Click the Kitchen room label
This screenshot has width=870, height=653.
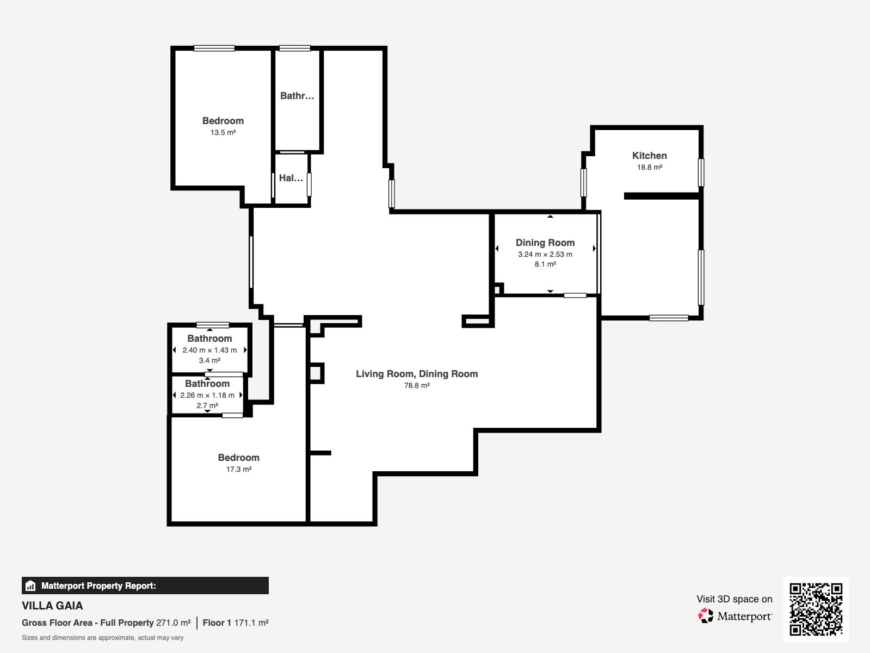[x=649, y=156]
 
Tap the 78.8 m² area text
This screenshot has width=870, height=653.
[x=417, y=385]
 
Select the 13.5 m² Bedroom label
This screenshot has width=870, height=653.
[x=223, y=121]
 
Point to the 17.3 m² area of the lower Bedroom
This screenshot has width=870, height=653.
[x=239, y=469]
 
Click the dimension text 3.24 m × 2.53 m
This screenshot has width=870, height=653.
[x=545, y=254]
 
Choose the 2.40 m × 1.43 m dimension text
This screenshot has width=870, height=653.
[x=209, y=350]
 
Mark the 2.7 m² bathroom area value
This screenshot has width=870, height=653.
[x=207, y=405]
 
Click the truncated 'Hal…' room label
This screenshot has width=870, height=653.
[x=291, y=178]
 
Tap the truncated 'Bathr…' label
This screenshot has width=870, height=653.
[x=297, y=96]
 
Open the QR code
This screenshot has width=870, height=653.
[x=816, y=609]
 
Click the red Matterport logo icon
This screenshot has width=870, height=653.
[x=706, y=616]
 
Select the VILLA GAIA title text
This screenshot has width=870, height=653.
[x=52, y=606]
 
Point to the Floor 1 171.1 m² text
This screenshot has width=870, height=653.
[x=236, y=623]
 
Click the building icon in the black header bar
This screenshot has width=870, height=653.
[x=30, y=586]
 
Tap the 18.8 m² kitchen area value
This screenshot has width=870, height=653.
[x=649, y=167]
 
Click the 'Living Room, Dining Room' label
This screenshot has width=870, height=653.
[x=417, y=374]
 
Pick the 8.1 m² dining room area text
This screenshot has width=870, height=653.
[x=545, y=264]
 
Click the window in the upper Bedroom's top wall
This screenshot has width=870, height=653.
[x=214, y=48]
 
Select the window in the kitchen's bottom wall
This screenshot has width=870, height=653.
[x=669, y=318]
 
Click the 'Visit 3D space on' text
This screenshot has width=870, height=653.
[x=735, y=599]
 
